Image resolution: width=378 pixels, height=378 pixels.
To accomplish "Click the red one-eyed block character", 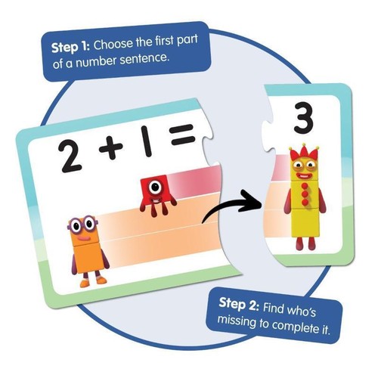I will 154,190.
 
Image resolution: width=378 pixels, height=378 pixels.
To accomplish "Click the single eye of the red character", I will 155,184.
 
